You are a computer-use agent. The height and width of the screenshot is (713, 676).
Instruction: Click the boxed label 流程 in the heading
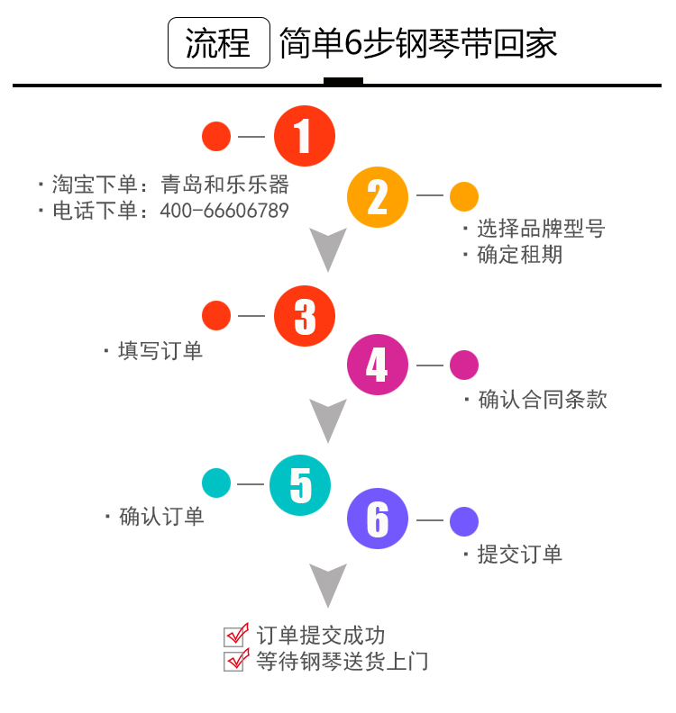tap(219, 42)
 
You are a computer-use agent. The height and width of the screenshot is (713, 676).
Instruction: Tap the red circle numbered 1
tap(305, 137)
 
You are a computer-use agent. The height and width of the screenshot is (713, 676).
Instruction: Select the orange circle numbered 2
tap(378, 196)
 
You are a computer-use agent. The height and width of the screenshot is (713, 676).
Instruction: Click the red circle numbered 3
tap(305, 316)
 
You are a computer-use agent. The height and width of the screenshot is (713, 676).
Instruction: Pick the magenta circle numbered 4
tap(378, 365)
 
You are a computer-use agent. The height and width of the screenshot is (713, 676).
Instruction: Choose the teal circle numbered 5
tap(301, 485)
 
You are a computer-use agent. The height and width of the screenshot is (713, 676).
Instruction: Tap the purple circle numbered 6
tap(378, 519)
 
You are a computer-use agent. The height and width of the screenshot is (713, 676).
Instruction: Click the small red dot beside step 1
tap(216, 137)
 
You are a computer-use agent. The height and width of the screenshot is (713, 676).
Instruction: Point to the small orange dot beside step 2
tap(464, 196)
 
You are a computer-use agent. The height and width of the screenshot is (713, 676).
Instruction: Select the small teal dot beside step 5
tap(216, 483)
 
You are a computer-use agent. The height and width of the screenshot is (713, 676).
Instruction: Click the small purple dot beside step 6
tap(464, 520)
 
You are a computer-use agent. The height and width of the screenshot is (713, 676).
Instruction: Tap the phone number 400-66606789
tap(224, 211)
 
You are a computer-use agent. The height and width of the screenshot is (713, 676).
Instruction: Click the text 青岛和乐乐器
tap(224, 185)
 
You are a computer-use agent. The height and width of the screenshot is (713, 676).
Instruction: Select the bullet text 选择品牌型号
tap(540, 229)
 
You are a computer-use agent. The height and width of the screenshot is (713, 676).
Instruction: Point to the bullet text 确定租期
tap(519, 254)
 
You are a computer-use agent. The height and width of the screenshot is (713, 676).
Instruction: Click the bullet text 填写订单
tap(160, 350)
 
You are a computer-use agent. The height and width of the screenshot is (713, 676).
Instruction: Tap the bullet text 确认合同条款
tap(542, 399)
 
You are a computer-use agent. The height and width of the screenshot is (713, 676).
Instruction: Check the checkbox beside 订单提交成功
tap(235, 636)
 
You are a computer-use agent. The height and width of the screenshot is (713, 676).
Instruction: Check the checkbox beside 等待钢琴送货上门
tap(235, 661)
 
